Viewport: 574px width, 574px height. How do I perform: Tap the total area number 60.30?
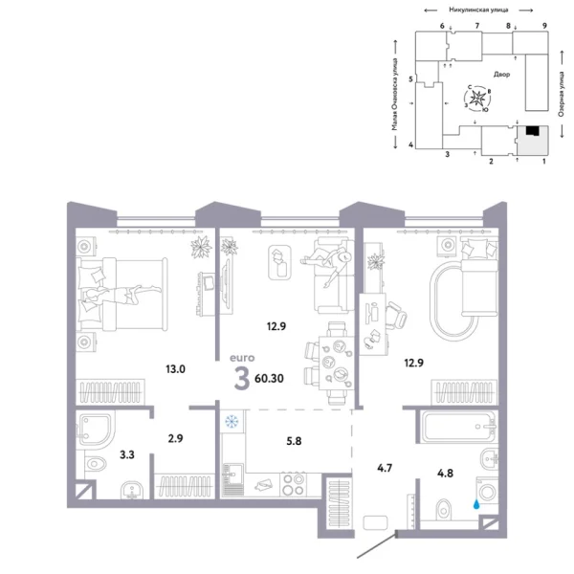point(269,377)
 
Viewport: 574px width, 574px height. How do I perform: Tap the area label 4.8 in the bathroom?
point(447,472)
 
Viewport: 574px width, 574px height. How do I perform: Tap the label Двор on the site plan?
point(503,74)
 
